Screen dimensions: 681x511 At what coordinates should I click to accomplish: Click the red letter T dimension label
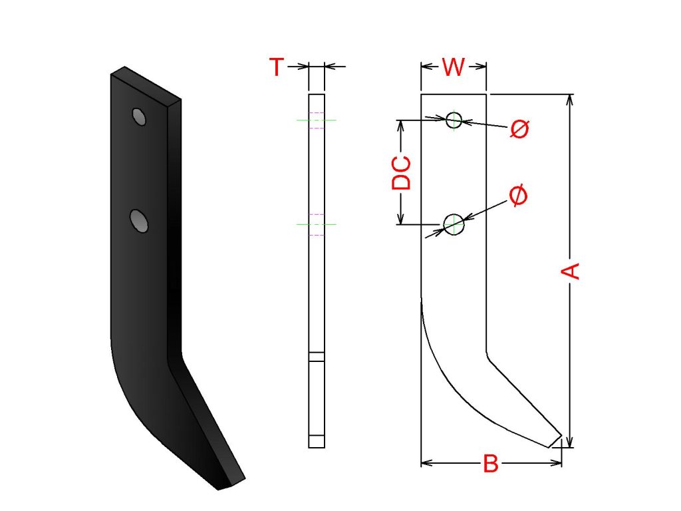pos(277,67)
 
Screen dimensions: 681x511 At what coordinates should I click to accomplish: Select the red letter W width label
pos(454,67)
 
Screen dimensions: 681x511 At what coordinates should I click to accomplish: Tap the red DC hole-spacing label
pos(401,173)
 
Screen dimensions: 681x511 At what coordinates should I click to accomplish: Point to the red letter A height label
pos(570,271)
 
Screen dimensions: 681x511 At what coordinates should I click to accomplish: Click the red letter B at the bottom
pos(491,464)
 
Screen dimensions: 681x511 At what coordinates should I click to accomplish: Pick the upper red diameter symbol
pos(519,128)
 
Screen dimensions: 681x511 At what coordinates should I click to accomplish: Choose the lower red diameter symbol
pos(517,195)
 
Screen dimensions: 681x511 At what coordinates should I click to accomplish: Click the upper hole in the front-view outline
pos(454,120)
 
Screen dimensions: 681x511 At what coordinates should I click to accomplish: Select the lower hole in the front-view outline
pos(454,224)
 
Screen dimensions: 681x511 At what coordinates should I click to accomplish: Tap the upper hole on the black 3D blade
pos(139,116)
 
